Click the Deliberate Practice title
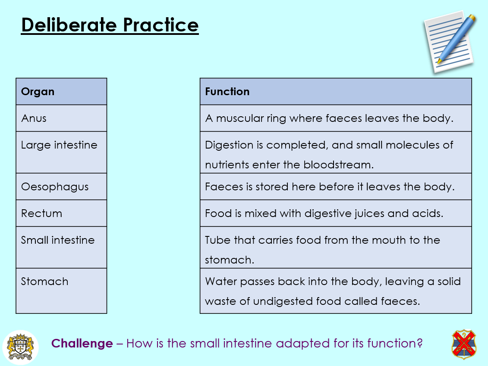[x=110, y=25]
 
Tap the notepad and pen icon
[x=450, y=42]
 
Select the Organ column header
[x=61, y=91]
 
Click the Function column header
[x=336, y=91]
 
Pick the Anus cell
[x=61, y=118]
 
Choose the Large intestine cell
[x=61, y=152]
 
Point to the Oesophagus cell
[x=61, y=186]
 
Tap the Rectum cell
[x=61, y=213]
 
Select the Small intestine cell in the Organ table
[x=61, y=247]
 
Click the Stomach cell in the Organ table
[x=61, y=291]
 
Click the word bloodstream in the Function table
[x=338, y=164]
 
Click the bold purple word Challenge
[x=82, y=343]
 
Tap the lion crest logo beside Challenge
[x=21, y=347]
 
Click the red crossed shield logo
[x=464, y=344]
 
